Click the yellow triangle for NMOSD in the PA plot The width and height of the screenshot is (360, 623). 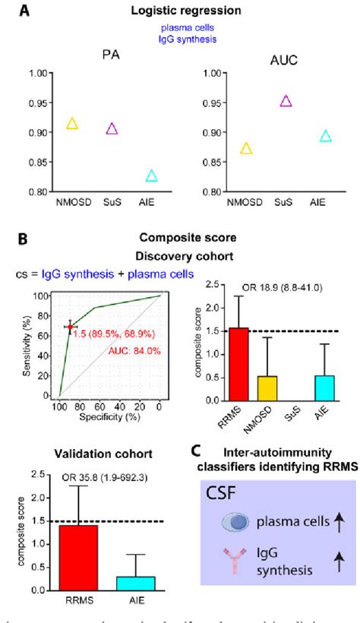pos(72,124)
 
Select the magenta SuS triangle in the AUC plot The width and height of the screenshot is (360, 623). pos(264,101)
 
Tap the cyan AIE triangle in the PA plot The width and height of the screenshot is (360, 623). pos(151,176)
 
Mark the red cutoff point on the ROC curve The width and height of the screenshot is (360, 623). pos(70,327)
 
